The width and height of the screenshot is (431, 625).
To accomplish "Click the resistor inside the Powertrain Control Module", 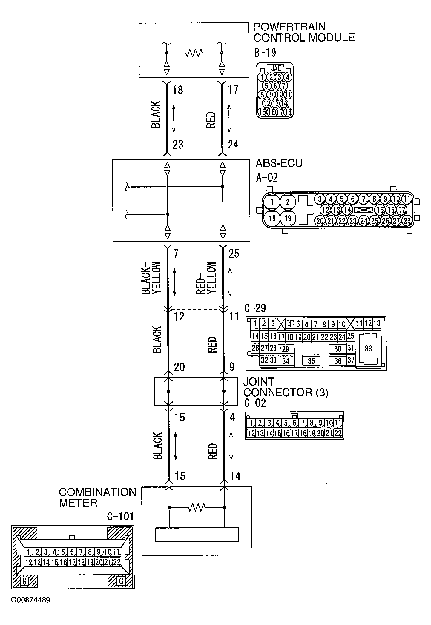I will [194, 53].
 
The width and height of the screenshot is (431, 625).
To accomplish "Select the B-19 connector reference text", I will [265, 53].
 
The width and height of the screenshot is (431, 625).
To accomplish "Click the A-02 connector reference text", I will [267, 178].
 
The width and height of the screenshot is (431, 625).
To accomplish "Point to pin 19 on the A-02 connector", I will [288, 218].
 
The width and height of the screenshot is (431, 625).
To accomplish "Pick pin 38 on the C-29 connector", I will [368, 348].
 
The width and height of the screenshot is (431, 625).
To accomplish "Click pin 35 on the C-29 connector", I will [312, 361].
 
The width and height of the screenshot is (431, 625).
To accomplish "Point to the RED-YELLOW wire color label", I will [206, 278].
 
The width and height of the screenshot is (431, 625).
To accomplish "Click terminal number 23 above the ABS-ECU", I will [178, 145].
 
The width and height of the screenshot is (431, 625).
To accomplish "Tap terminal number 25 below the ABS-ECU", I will [234, 254].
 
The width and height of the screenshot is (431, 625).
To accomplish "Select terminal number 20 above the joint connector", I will [179, 367].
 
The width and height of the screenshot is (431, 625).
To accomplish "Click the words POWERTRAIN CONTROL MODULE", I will [304, 32].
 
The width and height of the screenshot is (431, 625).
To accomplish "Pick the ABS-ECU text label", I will [278, 163].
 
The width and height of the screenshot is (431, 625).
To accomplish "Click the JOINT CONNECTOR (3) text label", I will [286, 387].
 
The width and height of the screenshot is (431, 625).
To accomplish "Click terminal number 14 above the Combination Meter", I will [235, 476].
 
